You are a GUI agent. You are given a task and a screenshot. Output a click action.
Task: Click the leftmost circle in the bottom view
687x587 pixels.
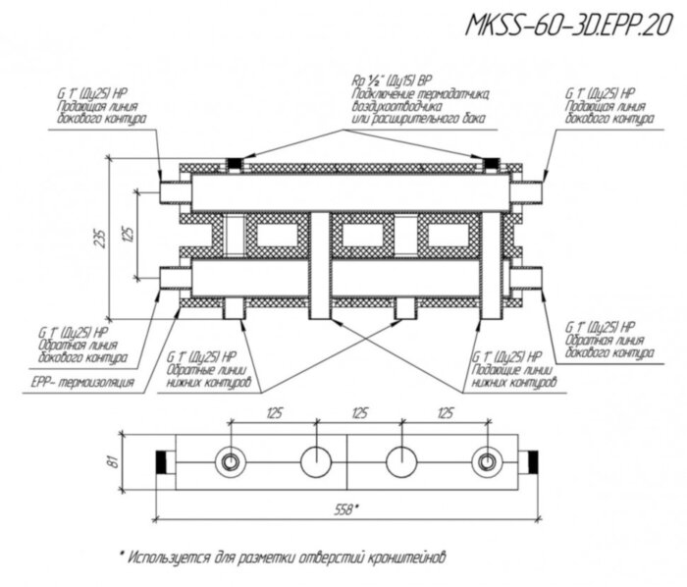[x=231, y=460]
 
